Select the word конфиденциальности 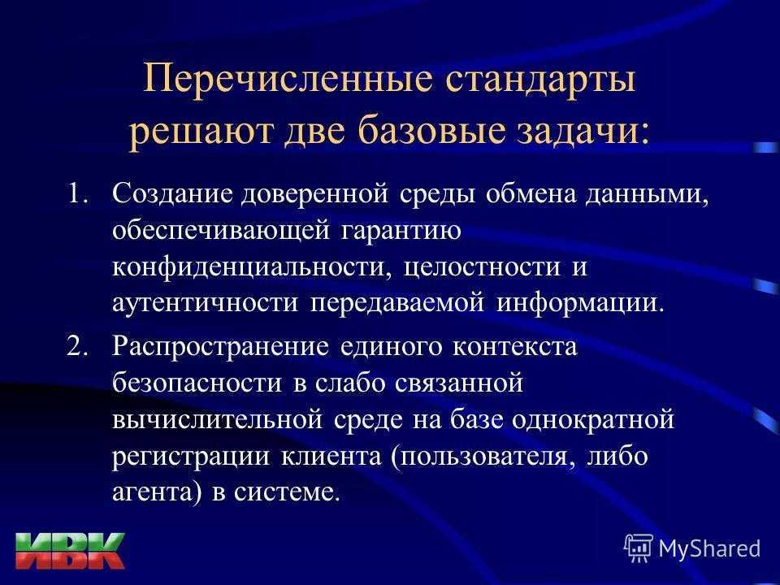pos(249,267)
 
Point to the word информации pos(580,303)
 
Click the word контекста pos(514,347)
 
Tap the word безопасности pos(197,383)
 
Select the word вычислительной pos(218,420)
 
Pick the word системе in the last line pos(287,493)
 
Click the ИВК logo pos(70,551)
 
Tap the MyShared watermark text pos(709,549)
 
